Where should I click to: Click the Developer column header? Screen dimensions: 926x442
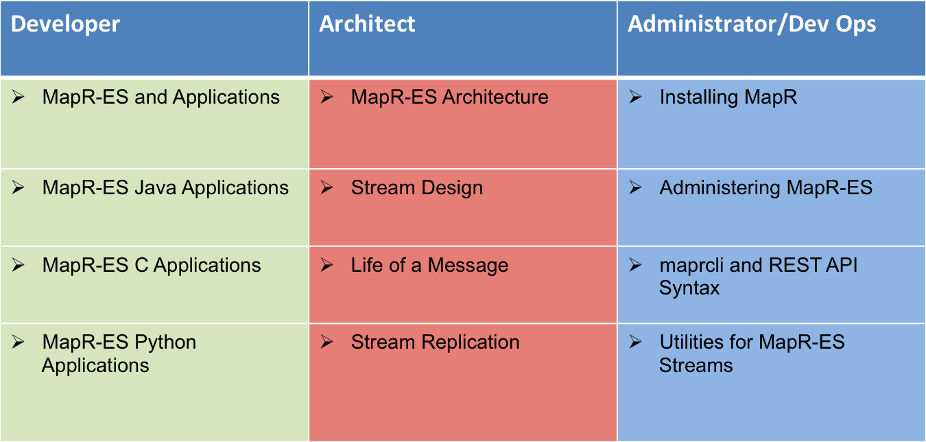tap(65, 25)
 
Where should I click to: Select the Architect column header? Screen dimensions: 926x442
tap(367, 23)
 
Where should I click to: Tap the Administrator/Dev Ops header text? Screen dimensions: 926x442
tap(752, 24)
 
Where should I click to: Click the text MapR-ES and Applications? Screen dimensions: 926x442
tap(161, 97)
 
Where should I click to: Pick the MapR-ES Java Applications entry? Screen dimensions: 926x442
tap(165, 188)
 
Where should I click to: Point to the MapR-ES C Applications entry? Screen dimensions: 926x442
tap(152, 265)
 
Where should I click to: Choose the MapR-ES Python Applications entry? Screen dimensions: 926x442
tap(119, 353)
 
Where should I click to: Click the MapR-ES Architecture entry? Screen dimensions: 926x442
tap(450, 97)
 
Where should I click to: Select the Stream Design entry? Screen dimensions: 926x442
tap(417, 188)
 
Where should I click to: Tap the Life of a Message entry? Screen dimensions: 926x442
tap(429, 266)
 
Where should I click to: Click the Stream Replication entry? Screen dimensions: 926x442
tap(436, 342)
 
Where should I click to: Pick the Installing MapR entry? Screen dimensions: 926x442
tap(728, 97)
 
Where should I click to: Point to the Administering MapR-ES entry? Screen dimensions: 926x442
tap(766, 188)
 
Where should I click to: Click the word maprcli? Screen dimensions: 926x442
tap(691, 266)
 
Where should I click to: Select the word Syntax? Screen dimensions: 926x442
tap(689, 288)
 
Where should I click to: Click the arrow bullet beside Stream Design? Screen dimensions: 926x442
tap(327, 187)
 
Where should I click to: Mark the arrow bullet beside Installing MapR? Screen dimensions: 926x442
tap(635, 97)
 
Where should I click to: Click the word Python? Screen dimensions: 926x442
tap(165, 342)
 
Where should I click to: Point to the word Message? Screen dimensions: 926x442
tap(468, 266)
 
